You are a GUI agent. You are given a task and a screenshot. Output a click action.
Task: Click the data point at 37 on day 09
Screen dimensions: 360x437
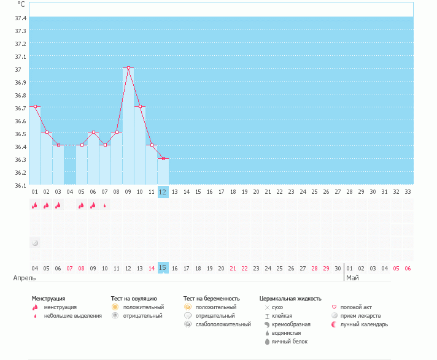(128, 68)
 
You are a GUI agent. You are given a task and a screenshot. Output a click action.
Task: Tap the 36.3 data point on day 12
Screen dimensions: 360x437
(163, 158)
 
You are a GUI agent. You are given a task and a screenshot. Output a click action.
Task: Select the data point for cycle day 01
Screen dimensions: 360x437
(35, 107)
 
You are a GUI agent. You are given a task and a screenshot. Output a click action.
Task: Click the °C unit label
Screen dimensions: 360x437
(21, 4)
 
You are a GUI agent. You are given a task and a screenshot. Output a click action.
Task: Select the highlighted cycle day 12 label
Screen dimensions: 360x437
(163, 192)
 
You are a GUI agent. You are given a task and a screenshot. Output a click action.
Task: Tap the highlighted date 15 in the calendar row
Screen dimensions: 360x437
(163, 267)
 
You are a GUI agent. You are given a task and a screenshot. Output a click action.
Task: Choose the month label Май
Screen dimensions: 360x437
(352, 278)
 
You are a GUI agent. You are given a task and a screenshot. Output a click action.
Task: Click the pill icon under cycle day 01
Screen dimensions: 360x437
(35, 243)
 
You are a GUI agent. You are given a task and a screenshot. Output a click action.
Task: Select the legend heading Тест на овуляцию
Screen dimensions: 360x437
(134, 299)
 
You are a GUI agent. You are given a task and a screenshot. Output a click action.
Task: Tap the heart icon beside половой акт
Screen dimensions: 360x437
(334, 307)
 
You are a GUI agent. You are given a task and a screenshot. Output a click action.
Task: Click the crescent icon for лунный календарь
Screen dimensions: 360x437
(334, 324)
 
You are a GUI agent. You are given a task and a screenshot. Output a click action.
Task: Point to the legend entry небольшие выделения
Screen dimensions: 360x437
(72, 315)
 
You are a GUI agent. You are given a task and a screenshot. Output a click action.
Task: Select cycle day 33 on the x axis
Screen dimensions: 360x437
(408, 192)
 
